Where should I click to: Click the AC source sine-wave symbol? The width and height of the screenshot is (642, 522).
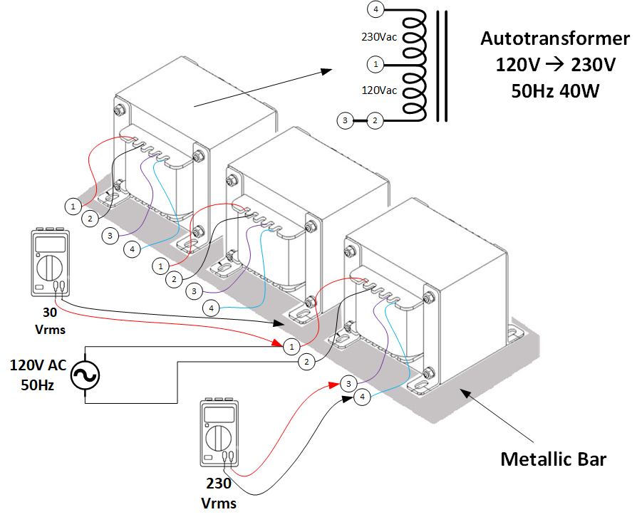(85, 375)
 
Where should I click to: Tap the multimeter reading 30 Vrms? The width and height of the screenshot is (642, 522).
(51, 262)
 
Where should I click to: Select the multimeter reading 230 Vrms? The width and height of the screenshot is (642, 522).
(219, 432)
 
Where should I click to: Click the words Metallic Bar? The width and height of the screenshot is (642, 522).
(553, 459)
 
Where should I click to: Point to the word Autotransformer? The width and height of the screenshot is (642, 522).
(555, 38)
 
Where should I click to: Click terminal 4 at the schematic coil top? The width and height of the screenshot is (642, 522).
(376, 9)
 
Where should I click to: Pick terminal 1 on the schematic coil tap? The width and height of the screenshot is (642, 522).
(376, 64)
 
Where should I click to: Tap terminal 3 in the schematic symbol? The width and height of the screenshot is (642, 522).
(345, 120)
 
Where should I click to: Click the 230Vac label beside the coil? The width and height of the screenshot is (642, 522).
(379, 37)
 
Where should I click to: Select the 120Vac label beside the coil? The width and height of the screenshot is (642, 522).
(379, 90)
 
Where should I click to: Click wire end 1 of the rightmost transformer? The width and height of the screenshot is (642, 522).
(291, 347)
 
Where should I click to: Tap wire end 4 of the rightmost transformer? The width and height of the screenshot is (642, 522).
(362, 397)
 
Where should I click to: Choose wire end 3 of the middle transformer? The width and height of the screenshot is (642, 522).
(194, 291)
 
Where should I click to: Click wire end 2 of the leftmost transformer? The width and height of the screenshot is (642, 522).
(90, 219)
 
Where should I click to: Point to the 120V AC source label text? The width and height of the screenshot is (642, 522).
(38, 365)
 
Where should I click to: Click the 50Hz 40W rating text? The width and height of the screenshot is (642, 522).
(555, 91)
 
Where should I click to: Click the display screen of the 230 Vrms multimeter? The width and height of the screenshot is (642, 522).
(219, 415)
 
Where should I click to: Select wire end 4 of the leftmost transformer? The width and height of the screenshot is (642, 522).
(132, 249)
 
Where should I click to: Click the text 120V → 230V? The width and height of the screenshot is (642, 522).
(555, 65)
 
